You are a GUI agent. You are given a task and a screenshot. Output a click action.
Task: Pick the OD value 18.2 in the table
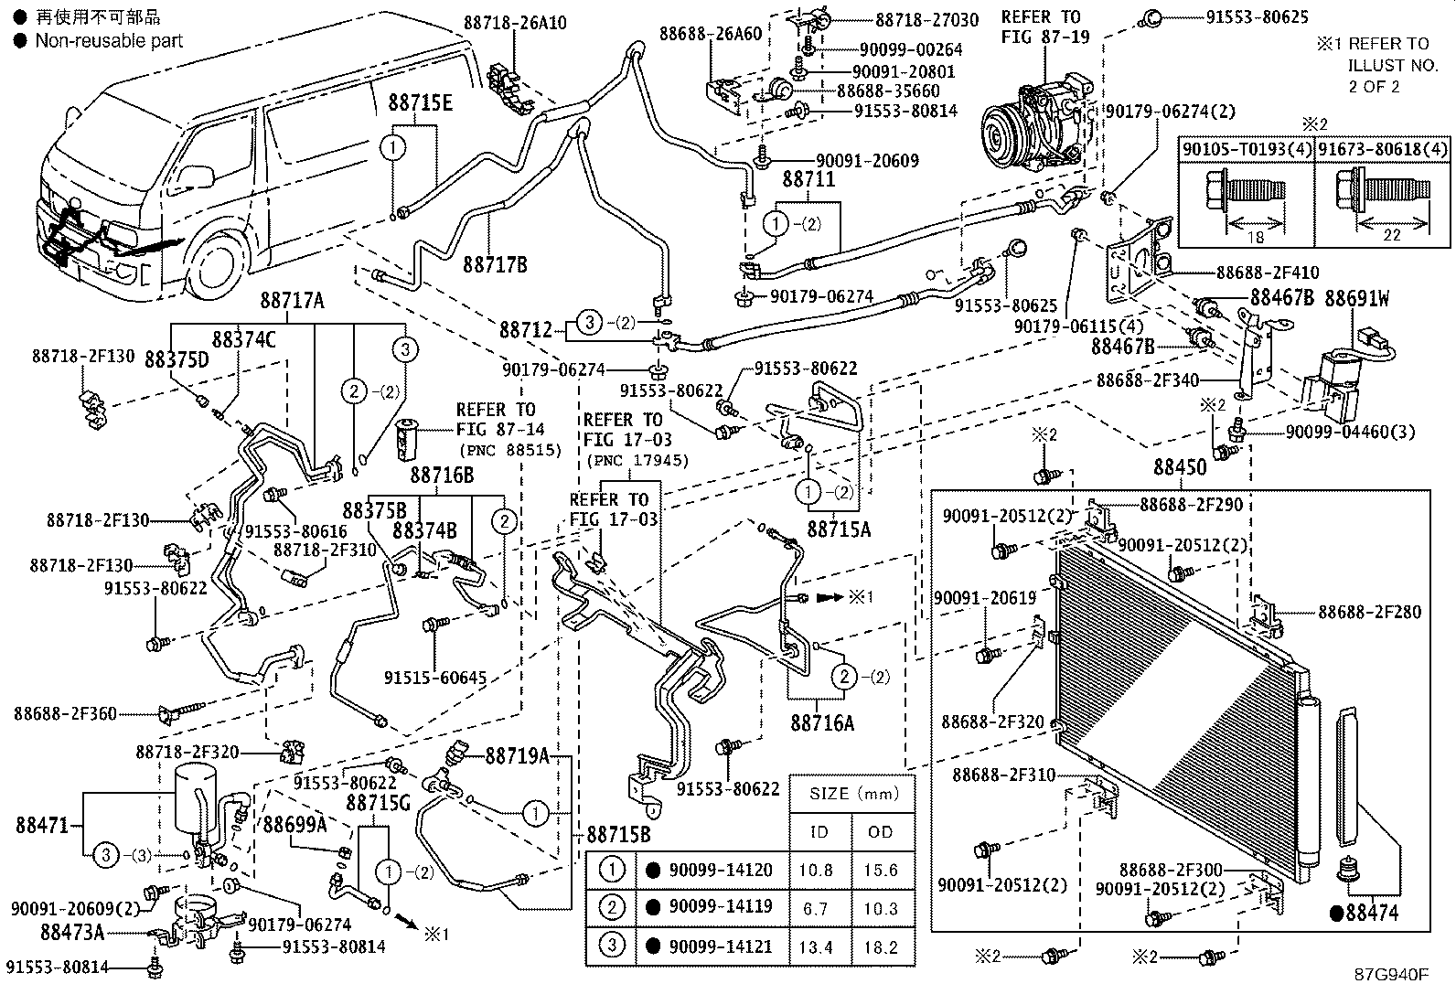coord(880,947)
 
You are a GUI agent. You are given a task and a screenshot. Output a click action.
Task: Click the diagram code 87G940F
coord(1390,975)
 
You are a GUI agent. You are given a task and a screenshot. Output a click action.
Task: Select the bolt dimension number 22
coord(1391,235)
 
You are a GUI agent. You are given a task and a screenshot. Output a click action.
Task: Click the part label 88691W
coord(1357,299)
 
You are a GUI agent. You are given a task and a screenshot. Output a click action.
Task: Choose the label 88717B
coord(495,264)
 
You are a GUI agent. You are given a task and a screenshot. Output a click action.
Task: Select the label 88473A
coord(72,932)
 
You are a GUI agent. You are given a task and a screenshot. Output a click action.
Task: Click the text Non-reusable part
coord(109,41)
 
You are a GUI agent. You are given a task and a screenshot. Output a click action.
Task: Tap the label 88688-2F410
coord(1267,273)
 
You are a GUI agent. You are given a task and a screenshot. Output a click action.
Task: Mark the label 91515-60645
coord(434,678)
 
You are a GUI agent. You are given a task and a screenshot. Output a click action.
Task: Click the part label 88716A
coord(822,722)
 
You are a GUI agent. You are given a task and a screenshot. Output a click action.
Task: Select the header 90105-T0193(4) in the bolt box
coord(1246,149)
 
